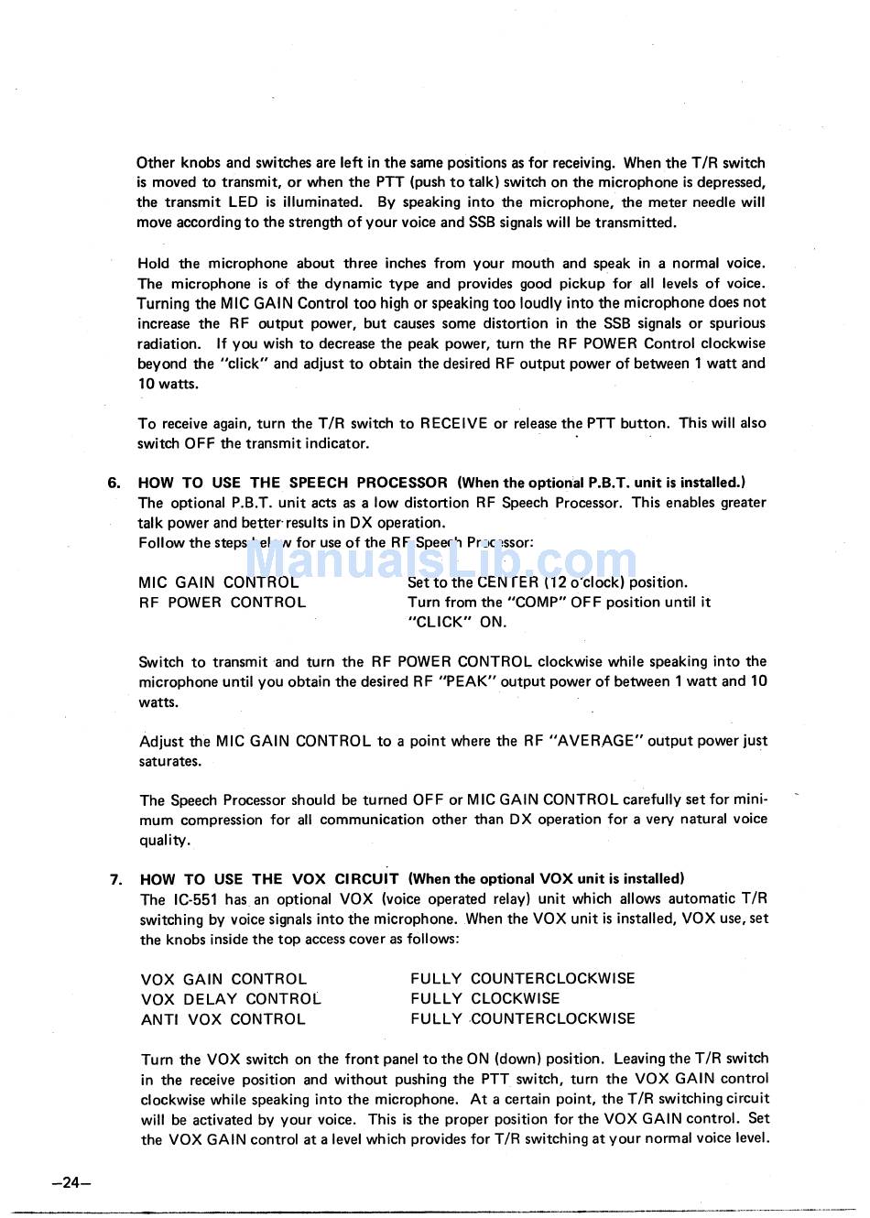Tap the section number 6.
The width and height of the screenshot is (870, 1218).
[x=114, y=483]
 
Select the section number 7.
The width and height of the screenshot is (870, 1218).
[x=116, y=879]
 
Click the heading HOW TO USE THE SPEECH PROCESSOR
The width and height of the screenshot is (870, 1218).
[x=293, y=483]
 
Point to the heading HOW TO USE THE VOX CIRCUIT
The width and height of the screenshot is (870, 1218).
[x=269, y=879]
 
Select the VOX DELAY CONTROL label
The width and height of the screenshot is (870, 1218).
[x=231, y=999]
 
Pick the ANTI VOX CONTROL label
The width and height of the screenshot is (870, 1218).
[x=223, y=1019]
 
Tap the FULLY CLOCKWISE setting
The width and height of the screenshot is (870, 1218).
[x=484, y=999]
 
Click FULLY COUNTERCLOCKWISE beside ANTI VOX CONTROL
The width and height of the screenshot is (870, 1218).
[x=522, y=1019]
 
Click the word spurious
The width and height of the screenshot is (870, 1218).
[x=737, y=323]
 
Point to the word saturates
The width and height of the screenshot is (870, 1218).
[x=169, y=762]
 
